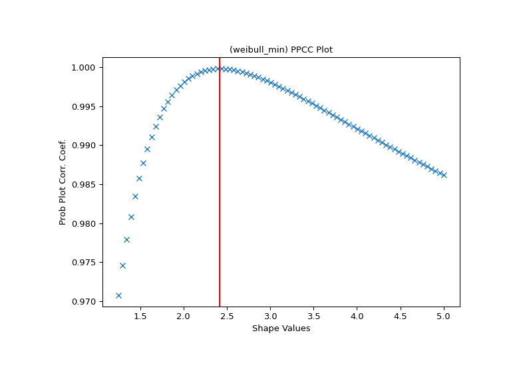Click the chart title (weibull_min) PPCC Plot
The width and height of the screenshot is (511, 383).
(x=281, y=50)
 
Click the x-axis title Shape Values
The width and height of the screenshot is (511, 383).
(x=281, y=328)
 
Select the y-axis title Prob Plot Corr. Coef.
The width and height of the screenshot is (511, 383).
(x=63, y=182)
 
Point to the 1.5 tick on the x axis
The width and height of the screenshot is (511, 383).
(x=140, y=317)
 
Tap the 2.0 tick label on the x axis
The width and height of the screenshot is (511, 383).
(x=184, y=317)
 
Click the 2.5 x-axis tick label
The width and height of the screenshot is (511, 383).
(x=227, y=317)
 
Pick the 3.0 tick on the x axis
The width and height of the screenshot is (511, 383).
(x=270, y=317)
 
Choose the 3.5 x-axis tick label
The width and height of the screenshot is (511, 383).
(x=313, y=317)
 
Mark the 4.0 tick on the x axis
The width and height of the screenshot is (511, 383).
(x=357, y=317)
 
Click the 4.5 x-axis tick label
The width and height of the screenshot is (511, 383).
(x=401, y=317)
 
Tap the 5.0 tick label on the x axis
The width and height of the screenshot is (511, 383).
(x=444, y=317)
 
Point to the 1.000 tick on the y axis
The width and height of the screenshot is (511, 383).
(x=85, y=68)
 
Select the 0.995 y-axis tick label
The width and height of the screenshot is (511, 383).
(x=85, y=106)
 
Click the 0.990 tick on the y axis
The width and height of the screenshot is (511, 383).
(x=85, y=146)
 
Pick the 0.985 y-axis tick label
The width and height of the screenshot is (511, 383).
(x=85, y=184)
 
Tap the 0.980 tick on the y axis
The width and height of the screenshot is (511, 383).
(x=85, y=223)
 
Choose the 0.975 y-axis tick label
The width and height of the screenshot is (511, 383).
(x=85, y=263)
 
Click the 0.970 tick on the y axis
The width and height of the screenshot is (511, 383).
(x=85, y=301)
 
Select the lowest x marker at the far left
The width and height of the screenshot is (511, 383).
(x=118, y=295)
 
